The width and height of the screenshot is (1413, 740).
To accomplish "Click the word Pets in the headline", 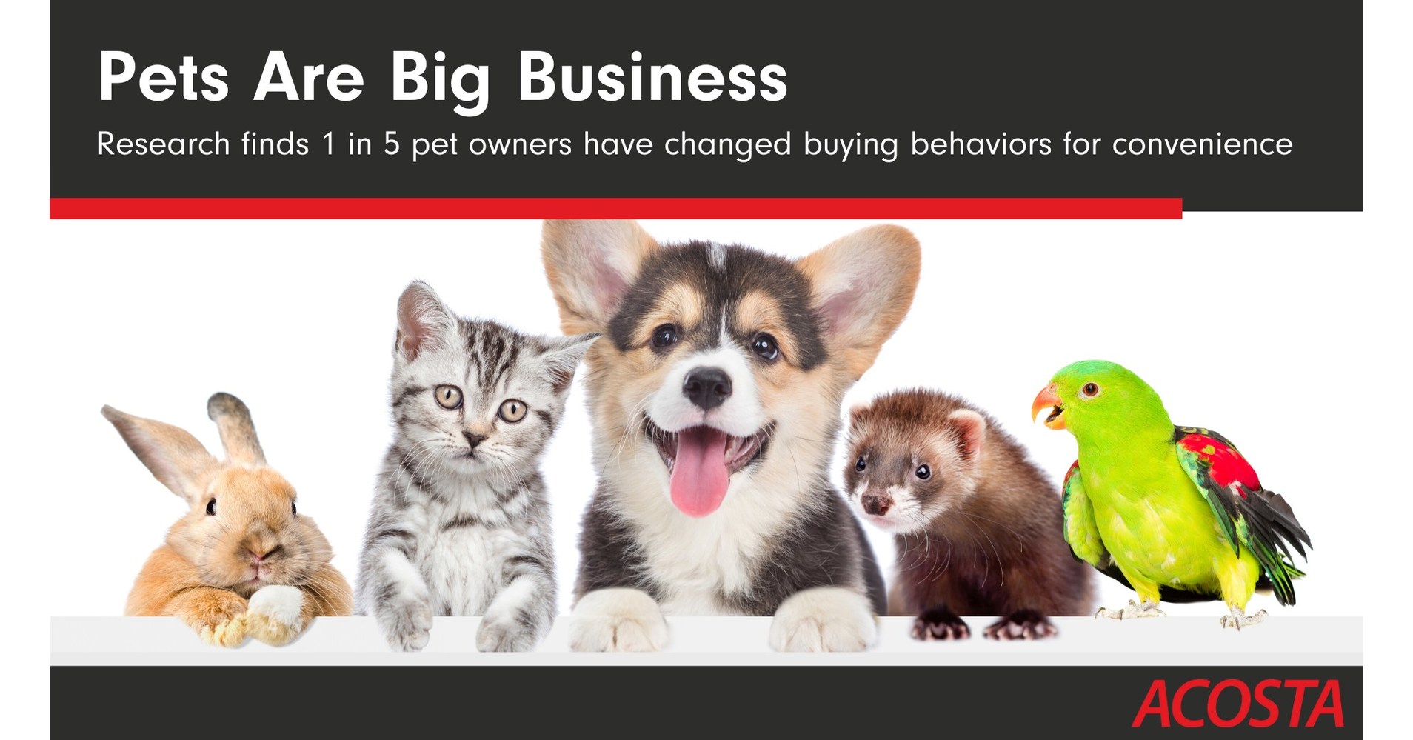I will (163, 78).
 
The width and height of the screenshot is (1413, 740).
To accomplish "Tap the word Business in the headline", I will (652, 78).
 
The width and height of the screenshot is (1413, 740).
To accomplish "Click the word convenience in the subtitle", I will (1202, 144).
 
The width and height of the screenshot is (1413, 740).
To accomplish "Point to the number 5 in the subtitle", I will (391, 144).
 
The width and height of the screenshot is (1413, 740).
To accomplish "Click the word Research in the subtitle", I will (163, 144).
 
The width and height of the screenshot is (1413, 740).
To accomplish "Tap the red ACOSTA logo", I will (1237, 704).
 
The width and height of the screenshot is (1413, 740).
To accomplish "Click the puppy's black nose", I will (706, 385).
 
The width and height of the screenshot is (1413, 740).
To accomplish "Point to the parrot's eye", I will (1089, 389).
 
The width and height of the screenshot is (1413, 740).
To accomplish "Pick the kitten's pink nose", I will (474, 439).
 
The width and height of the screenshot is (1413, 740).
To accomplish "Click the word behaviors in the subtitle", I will (981, 144).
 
